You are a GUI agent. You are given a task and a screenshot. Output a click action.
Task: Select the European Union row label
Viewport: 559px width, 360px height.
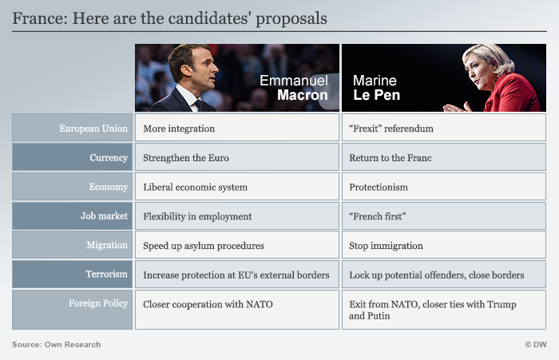[x=93, y=129]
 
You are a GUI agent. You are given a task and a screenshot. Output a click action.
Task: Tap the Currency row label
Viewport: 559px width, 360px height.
[x=109, y=158]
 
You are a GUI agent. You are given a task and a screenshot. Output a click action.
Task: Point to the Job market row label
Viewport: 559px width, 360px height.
[x=104, y=216]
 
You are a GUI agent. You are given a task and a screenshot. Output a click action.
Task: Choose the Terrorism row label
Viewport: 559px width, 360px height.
[x=106, y=274]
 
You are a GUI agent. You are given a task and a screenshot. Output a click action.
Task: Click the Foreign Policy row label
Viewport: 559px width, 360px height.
[x=98, y=303]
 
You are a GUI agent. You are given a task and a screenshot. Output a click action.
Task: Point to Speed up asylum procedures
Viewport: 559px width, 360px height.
[x=204, y=246]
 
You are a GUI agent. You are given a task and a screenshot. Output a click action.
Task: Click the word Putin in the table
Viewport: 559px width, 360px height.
[x=379, y=316]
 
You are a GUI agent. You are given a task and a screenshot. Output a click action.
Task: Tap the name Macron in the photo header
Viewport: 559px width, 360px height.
[x=303, y=95]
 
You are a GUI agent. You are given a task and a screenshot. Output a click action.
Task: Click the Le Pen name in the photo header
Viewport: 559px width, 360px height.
[x=376, y=95]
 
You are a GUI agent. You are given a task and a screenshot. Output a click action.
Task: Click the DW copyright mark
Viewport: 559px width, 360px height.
[x=536, y=345]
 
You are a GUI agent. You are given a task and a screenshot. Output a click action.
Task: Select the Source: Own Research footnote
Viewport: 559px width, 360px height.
[x=57, y=345]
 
